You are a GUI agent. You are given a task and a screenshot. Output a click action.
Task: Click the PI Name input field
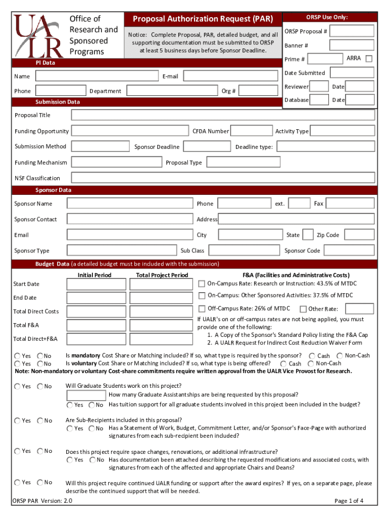click(x=97, y=76)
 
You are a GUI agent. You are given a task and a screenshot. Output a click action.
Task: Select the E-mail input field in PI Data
click(x=230, y=76)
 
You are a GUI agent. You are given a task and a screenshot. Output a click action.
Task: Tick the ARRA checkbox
click(x=369, y=59)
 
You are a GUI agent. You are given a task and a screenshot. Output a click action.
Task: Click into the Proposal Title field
click(x=223, y=115)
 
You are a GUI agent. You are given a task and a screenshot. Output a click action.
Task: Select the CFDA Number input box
click(x=251, y=131)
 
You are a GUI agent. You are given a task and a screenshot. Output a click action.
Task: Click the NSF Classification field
click(x=223, y=178)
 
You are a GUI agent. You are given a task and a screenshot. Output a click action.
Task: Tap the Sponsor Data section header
click(x=53, y=190)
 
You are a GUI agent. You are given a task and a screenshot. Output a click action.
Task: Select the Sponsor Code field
click(x=349, y=250)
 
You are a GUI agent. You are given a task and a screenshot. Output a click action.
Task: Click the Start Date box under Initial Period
click(x=96, y=284)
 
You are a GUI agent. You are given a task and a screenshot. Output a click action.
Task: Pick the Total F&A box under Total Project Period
click(x=159, y=325)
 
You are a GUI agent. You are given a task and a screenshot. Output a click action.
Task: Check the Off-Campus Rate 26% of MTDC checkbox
click(x=202, y=308)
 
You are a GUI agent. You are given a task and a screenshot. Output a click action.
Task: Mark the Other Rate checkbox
click(x=303, y=309)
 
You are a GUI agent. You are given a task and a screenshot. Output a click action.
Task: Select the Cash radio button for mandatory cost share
click(x=312, y=356)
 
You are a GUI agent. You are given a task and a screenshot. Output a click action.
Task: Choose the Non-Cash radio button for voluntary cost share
click(x=311, y=364)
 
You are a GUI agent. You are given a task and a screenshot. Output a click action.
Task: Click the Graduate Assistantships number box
click(x=86, y=395)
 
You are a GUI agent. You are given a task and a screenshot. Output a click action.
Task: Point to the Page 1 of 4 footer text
click(x=349, y=501)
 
